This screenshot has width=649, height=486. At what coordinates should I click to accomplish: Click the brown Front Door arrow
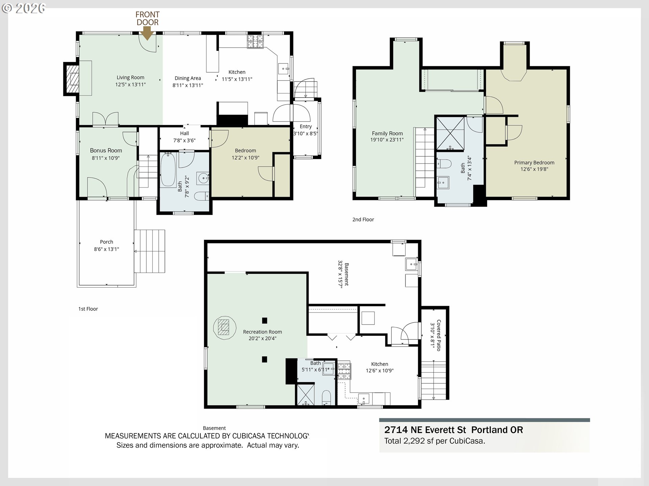pos(147,33)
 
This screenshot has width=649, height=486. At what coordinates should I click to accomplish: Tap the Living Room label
pos(130,78)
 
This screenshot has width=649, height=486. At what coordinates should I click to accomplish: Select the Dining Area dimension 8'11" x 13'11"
pos(188,85)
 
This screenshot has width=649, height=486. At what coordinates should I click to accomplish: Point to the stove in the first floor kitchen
pos(255,42)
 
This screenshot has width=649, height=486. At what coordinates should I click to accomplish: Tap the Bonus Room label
pos(106,151)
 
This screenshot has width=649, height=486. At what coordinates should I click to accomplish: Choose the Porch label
pos(106,242)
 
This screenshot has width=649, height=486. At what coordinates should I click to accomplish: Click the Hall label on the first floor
pos(185,133)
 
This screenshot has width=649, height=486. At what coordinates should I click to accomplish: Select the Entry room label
pos(306,127)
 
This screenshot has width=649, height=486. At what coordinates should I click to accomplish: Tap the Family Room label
pos(387,133)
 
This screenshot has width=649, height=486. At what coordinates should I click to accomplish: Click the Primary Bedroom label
pos(534,163)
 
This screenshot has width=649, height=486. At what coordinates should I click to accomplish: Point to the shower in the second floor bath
pos(450,134)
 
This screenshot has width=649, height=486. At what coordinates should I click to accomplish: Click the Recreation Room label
pos(263,332)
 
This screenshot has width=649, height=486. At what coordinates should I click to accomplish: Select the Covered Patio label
pos(439,335)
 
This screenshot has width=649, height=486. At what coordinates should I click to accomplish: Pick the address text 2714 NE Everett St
pos(425,430)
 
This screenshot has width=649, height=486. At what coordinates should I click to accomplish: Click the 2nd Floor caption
pos(363,219)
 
